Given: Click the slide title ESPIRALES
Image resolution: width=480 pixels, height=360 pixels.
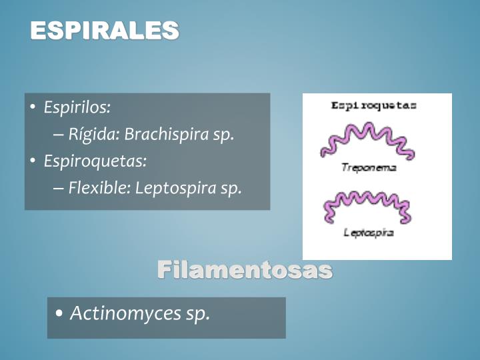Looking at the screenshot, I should (x=105, y=30).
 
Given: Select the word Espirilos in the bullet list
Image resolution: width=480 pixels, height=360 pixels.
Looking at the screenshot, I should (x=76, y=107).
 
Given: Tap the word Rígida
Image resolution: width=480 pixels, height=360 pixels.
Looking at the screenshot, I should (x=93, y=134).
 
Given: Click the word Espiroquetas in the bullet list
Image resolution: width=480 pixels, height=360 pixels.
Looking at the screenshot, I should (x=94, y=161).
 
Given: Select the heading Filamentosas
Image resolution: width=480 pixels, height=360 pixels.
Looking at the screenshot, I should (x=245, y=270).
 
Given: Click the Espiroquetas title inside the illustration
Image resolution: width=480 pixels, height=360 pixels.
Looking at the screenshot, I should (x=374, y=105).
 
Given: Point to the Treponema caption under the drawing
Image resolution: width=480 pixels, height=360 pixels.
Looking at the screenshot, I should (x=369, y=168).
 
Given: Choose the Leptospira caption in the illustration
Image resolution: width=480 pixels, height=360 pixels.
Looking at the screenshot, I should (x=369, y=233).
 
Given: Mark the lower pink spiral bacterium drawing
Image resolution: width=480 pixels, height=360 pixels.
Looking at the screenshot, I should (x=367, y=206).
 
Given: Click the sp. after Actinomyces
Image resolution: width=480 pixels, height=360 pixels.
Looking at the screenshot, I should (x=198, y=313).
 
